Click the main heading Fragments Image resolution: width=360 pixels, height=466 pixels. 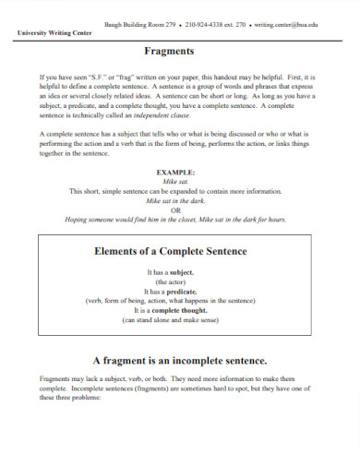click(180, 53)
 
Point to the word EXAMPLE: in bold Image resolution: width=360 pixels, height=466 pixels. click(179, 172)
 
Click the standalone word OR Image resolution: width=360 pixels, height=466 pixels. click(180, 209)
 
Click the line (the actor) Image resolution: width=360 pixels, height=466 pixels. click(180, 282)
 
